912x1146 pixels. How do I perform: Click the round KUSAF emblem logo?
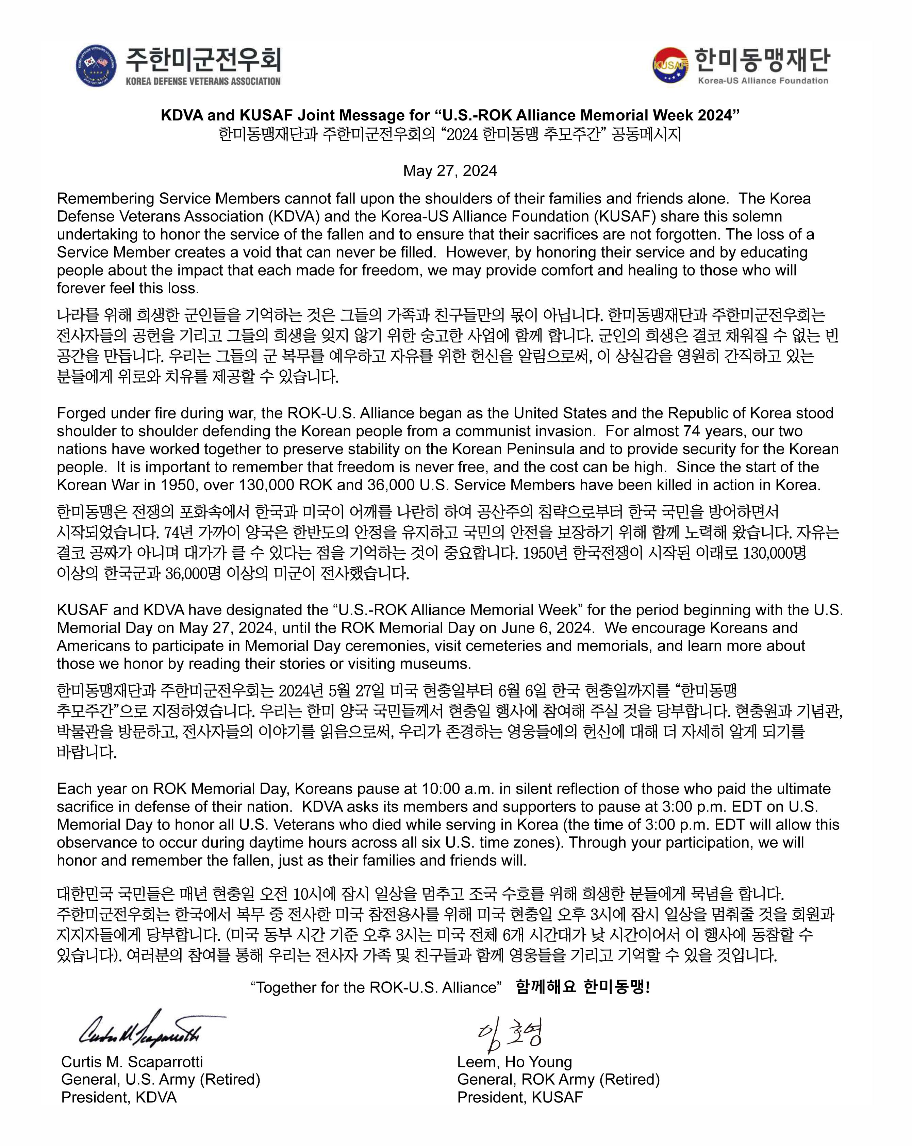[670, 65]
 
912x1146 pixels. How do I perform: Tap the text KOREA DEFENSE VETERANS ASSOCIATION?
[203, 81]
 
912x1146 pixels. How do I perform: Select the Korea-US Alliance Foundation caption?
[763, 81]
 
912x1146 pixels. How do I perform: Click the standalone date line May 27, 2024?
[450, 170]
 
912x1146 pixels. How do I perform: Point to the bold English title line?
[450, 115]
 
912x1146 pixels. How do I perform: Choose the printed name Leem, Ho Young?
[514, 1062]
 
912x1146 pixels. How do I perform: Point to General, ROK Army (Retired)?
[558, 1080]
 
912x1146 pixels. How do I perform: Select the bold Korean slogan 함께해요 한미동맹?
[582, 987]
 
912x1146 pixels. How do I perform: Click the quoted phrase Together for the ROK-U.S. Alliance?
[376, 987]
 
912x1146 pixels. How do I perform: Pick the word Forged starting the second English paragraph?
[81, 413]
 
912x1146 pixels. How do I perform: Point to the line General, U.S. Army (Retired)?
[161, 1080]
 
